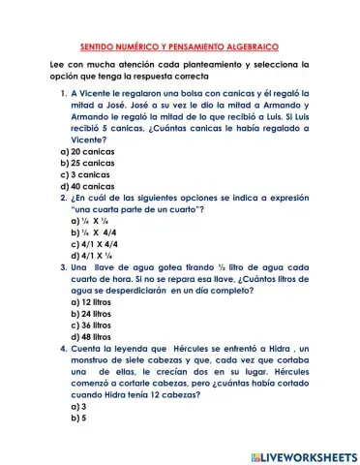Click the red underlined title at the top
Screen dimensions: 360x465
pyautogui.click(x=179, y=46)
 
